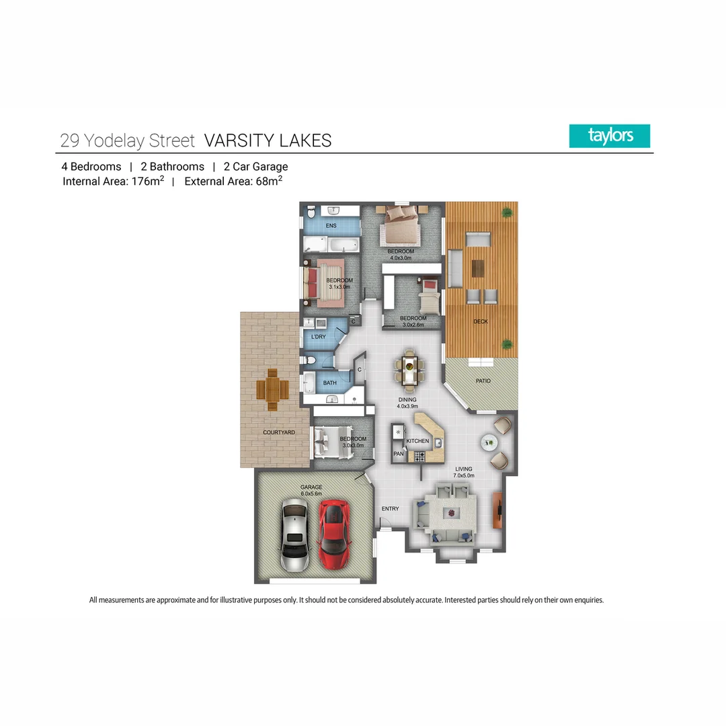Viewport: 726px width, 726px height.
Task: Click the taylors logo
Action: [x=610, y=136]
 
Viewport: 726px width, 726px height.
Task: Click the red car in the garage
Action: [x=335, y=534]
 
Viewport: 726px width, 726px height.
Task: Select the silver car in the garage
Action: [x=296, y=535]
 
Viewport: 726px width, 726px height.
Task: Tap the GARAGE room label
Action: [x=311, y=487]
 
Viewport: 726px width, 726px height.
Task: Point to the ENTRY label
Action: [x=390, y=509]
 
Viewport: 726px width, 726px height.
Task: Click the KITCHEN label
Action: [x=417, y=441]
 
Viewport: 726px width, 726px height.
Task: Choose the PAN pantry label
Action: [x=398, y=454]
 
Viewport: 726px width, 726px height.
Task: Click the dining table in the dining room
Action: [x=409, y=370]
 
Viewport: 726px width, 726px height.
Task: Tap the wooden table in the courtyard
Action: [x=273, y=390]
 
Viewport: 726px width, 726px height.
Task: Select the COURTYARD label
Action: [x=278, y=432]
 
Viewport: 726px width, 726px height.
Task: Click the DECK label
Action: [x=480, y=321]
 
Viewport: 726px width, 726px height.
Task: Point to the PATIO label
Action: [x=483, y=381]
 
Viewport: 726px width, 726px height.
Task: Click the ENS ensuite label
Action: [x=331, y=225]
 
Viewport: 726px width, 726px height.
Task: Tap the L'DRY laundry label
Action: [x=318, y=337]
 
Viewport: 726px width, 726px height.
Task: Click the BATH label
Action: [x=329, y=383]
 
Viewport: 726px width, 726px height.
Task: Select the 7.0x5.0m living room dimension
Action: [x=464, y=476]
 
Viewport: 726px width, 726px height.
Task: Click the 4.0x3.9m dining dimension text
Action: [x=408, y=406]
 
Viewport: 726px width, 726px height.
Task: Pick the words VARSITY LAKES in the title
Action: [x=268, y=140]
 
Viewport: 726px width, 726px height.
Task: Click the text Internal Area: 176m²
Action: [x=113, y=181]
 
